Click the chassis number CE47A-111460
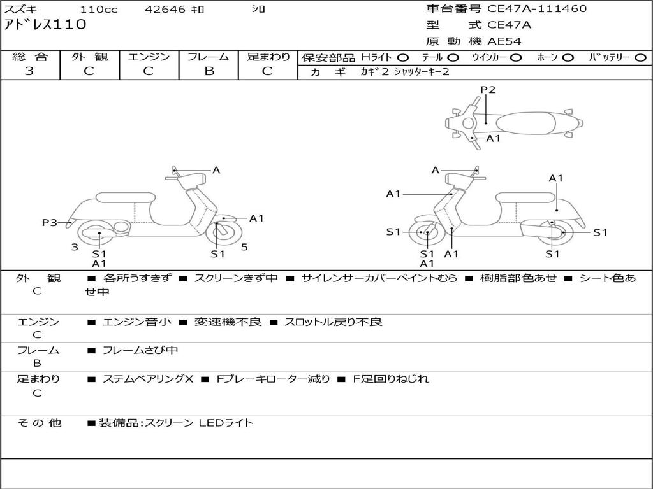537,9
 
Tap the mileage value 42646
165,10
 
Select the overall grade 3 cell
29,71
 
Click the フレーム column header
209,57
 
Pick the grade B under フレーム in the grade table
209,71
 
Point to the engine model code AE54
504,41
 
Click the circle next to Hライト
403,58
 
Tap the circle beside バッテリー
640,58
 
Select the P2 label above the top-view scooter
488,90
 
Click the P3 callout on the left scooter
49,222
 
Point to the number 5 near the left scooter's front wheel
244,247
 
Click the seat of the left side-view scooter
125,197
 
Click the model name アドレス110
45,25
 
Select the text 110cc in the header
99,10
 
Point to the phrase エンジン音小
136,322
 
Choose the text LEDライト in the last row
226,422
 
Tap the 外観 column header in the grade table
89,57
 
